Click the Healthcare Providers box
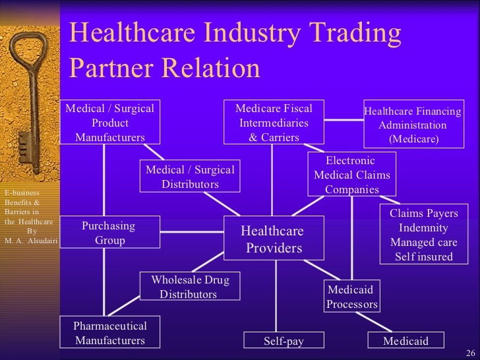(274, 239)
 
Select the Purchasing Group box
(110, 233)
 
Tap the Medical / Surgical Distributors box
(190, 177)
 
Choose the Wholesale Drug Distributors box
(190, 287)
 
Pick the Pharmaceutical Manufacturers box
(110, 333)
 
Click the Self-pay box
(284, 341)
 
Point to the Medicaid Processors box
(352, 297)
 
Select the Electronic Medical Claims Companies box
(351, 175)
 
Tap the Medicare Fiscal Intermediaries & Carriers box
(274, 123)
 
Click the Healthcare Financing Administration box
(413, 125)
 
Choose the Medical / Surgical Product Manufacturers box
(110, 123)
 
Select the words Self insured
(423, 256)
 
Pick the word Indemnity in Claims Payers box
(423, 228)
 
